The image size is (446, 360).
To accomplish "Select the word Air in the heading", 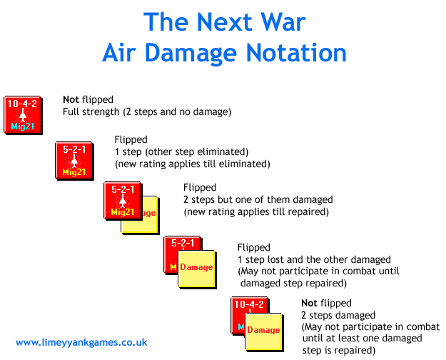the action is click(119, 53).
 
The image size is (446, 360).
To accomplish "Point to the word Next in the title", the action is click(224, 22).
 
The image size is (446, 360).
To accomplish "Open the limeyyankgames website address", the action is click(81, 342).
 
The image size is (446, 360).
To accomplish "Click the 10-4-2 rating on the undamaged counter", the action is click(22, 104).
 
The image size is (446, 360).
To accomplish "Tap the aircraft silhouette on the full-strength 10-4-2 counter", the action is click(22, 115).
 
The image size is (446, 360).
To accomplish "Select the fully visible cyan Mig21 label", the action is click(22, 126).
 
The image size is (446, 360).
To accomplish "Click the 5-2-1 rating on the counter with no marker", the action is click(74, 149).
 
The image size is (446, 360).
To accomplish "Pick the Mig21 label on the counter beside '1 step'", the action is click(74, 172).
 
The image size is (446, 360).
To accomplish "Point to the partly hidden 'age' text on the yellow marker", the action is click(149, 214).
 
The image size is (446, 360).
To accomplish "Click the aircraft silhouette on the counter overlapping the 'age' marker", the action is click(123, 201).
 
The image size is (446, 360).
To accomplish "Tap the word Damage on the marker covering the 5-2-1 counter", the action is click(196, 267).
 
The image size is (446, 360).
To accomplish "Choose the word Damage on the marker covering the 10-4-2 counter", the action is click(263, 330).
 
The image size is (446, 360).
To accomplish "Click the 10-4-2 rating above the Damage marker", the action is click(249, 304).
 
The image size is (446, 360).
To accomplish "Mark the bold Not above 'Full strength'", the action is click(71, 99).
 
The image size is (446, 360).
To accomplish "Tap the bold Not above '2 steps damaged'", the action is click(309, 303).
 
